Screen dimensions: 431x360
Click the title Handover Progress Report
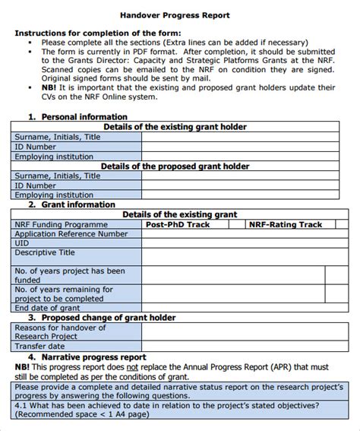180,15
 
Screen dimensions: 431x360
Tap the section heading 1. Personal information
77,117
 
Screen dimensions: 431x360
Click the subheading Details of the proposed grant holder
175,166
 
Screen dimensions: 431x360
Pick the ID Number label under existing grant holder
35,147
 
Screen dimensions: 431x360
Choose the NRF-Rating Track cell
285,224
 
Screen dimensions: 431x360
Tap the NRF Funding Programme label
60,224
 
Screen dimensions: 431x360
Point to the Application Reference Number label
71,234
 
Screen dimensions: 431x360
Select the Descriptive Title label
45,253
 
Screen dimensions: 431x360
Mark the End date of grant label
47,308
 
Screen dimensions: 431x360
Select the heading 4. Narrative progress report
87,356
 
